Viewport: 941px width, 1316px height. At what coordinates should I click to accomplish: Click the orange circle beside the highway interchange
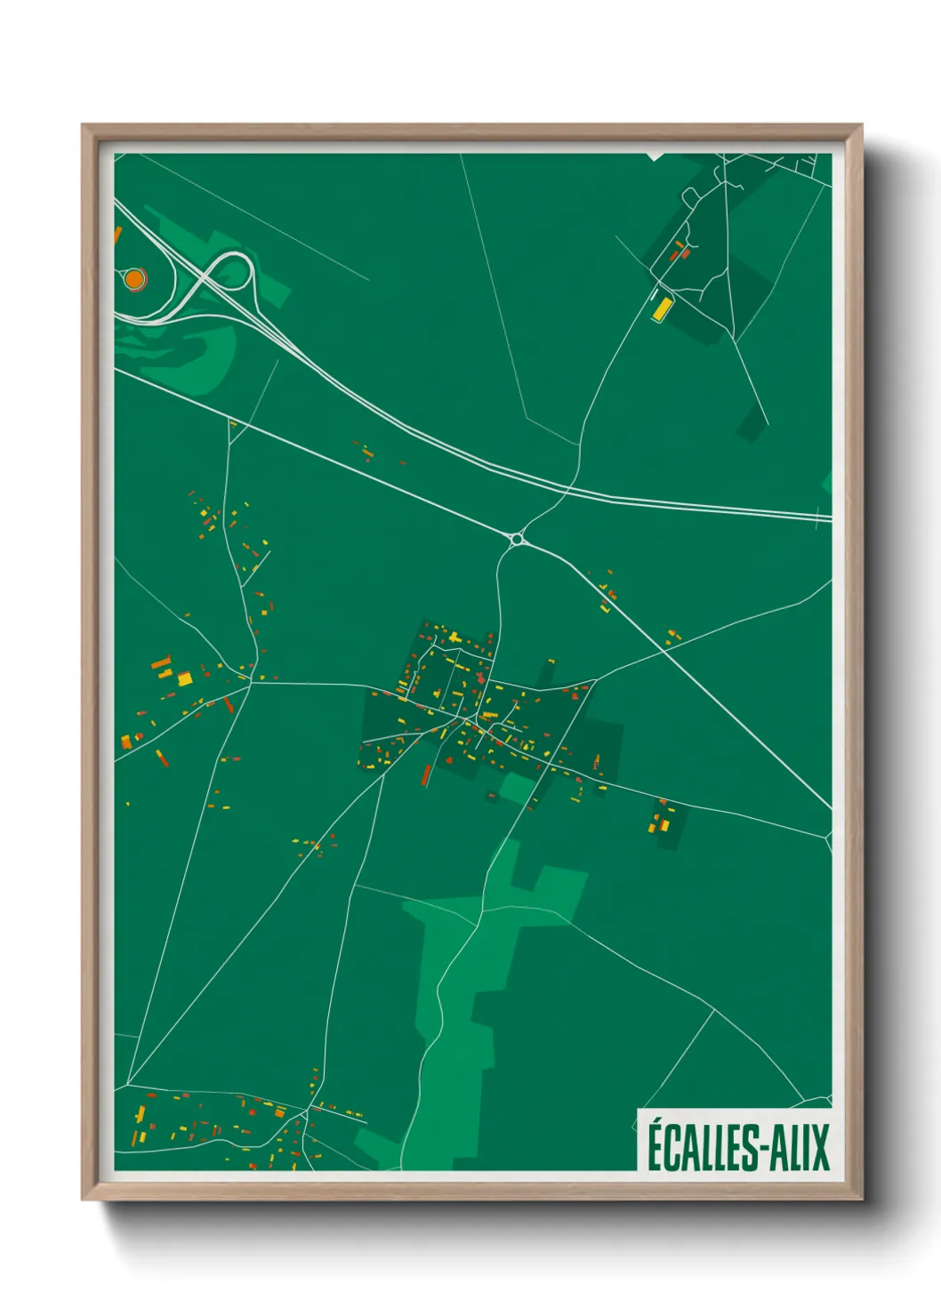(134, 279)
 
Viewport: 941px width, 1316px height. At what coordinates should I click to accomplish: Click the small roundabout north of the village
(517, 538)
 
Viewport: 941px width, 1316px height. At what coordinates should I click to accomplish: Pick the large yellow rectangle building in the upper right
(662, 309)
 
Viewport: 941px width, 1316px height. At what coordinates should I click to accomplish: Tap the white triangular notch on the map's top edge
(655, 156)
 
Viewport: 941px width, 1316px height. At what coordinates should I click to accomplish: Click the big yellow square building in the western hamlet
(185, 679)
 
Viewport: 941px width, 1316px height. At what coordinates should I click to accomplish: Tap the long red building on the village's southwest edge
(426, 775)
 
